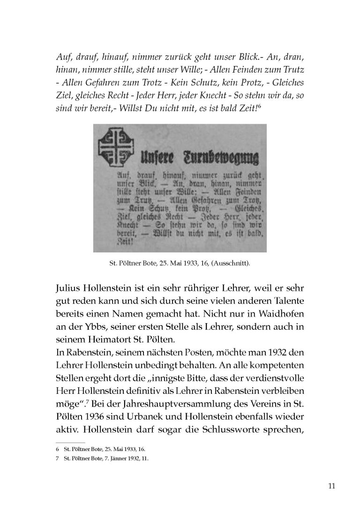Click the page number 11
point(331,485)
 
